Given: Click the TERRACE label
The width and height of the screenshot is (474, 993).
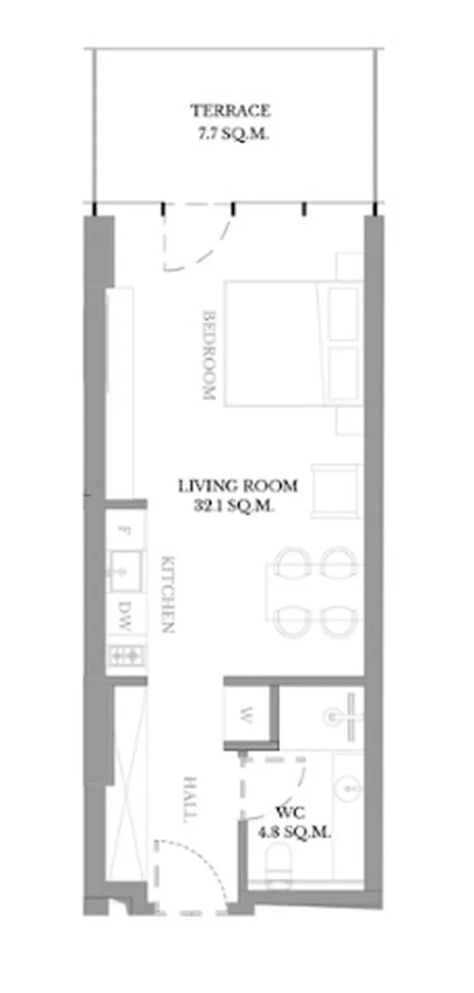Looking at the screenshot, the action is (x=230, y=111).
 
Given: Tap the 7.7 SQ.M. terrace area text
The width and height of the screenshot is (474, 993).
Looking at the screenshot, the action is (x=233, y=134).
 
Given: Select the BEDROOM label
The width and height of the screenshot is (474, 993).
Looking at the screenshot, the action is (x=209, y=355).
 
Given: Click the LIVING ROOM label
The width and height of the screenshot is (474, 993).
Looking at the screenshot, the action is (x=238, y=486).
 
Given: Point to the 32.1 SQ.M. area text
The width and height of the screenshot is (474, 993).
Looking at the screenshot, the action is (x=232, y=506).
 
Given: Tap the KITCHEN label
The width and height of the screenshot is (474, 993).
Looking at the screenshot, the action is (x=167, y=594).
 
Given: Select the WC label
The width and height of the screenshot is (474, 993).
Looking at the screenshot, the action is (x=291, y=813).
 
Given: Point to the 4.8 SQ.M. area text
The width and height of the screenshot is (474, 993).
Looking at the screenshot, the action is (x=294, y=832).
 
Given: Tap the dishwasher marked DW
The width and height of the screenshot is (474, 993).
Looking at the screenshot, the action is (x=125, y=616).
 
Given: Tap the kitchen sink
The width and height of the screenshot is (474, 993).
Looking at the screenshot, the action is (x=125, y=571).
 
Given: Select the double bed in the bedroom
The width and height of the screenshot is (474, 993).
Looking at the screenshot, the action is (x=294, y=343).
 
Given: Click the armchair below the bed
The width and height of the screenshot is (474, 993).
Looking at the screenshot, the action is (x=337, y=490).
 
